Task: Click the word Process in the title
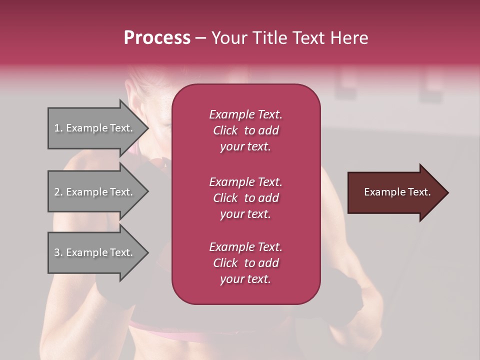tap(157, 38)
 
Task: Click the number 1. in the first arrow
tap(58, 128)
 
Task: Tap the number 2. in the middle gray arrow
tap(58, 192)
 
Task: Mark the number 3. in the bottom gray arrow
tap(58, 252)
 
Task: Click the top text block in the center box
tap(245, 130)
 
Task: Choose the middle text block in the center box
tap(245, 197)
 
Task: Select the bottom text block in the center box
tap(245, 263)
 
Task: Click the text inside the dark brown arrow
tap(397, 192)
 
